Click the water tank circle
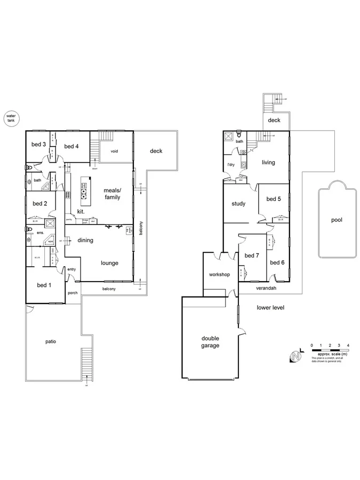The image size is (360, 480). [10, 118]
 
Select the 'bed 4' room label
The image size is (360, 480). [71, 146]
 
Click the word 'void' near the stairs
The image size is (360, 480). [114, 151]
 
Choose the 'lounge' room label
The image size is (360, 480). [109, 263]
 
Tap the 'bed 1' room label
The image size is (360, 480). [44, 285]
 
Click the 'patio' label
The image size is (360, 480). [51, 341]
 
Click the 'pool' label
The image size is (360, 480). [337, 220]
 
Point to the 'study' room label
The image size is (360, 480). [238, 204]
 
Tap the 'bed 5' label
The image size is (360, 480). [273, 199]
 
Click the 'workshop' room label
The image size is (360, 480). [219, 275]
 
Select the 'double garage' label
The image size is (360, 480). [210, 341]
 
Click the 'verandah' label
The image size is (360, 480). [266, 288]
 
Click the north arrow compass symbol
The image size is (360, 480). [294, 356]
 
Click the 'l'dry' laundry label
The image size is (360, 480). [231, 164]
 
